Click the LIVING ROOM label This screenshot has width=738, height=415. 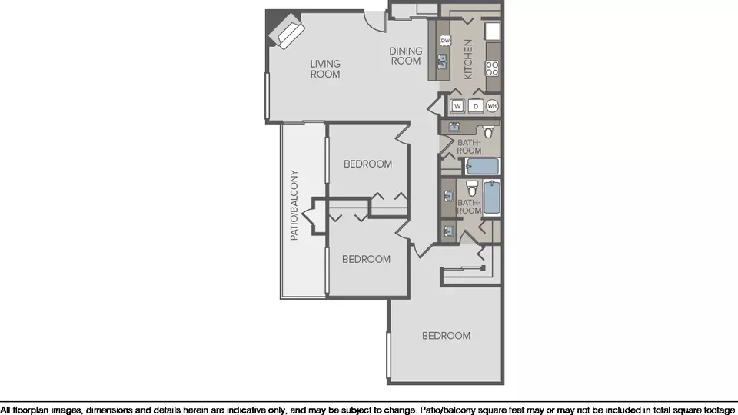tap(325, 68)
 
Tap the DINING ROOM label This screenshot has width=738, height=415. tap(406, 55)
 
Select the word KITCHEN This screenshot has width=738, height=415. tap(468, 59)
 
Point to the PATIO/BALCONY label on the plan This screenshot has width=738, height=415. tap(294, 205)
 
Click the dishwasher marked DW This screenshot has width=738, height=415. tap(445, 41)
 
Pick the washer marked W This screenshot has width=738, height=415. tap(457, 106)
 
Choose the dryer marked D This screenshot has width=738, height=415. tap(476, 106)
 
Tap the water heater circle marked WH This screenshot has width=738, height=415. tap(492, 106)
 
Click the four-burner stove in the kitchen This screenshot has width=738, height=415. tap(492, 68)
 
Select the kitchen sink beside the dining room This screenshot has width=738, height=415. tap(443, 61)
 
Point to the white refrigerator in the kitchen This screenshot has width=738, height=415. tap(492, 32)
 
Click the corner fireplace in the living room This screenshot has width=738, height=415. tap(286, 31)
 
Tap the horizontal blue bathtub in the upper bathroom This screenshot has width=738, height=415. tap(482, 167)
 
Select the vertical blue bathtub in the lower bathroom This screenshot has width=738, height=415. tap(491, 198)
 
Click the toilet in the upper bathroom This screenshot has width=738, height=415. tap(489, 131)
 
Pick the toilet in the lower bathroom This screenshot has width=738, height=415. tap(472, 188)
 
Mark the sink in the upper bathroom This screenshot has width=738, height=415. tap(454, 127)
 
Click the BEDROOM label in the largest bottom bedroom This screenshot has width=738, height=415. tap(446, 336)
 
